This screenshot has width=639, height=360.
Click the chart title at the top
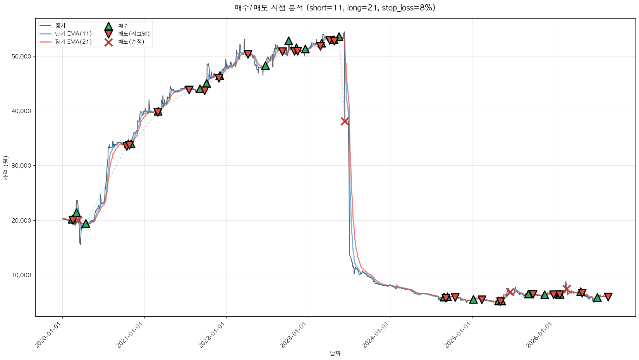coord(335,8)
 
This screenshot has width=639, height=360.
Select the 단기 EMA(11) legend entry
coord(65,34)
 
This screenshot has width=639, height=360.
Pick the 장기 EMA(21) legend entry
coord(65,42)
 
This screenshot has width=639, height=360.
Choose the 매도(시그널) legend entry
coord(127,34)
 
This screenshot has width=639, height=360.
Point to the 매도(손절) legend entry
coord(124,42)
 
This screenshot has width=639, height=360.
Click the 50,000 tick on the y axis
coord(21,57)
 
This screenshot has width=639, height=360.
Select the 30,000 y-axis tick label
coord(21,166)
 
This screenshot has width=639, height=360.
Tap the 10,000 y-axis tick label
coord(21,275)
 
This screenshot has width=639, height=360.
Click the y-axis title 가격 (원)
coord(6,168)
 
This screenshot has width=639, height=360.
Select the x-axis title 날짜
coord(335,353)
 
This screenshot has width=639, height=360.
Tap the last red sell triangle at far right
coord(608,297)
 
